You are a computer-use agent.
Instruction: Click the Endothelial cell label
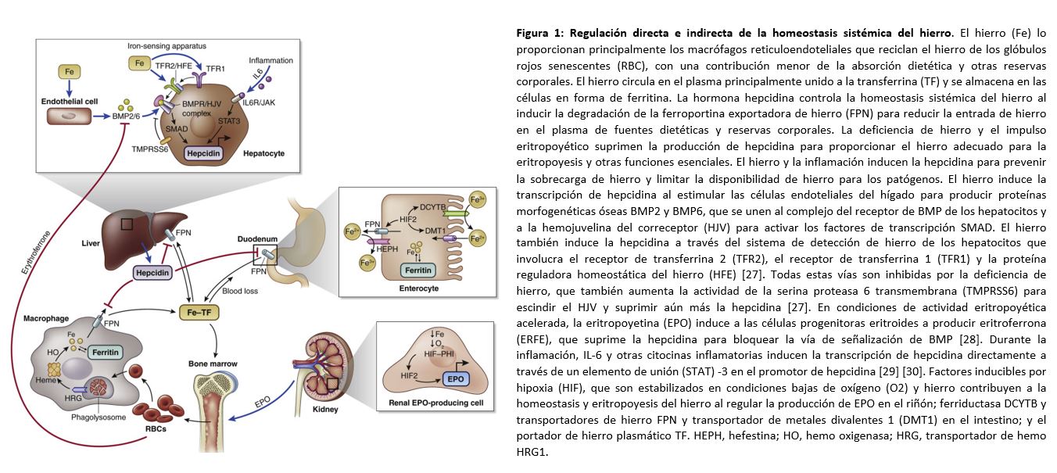(x=69, y=102)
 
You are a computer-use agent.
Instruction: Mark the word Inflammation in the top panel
(x=270, y=60)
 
